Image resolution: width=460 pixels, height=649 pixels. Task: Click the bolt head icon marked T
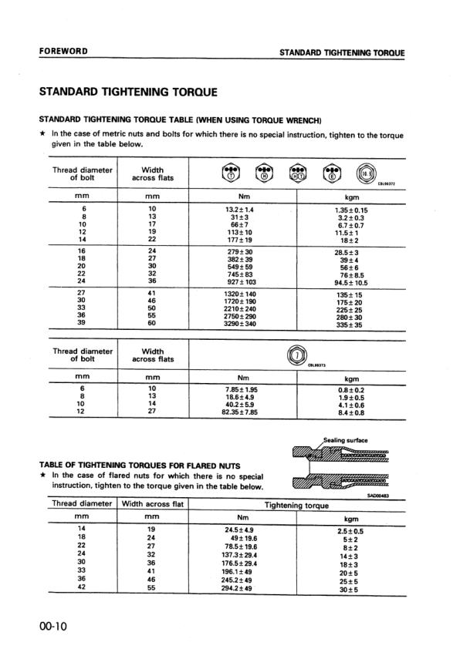[230, 173]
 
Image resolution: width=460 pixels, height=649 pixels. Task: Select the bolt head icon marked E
[332, 173]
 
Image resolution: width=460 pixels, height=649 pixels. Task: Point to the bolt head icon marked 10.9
[367, 173]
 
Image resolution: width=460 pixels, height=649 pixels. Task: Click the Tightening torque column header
[297, 506]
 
